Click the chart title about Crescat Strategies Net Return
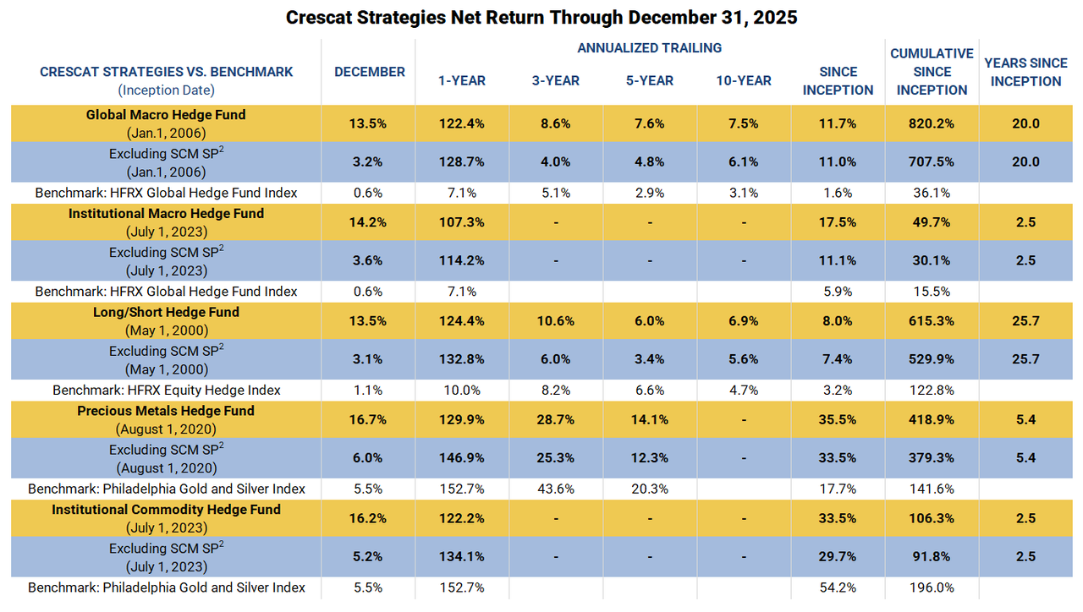pyautogui.click(x=541, y=18)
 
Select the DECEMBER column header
pyautogui.click(x=370, y=72)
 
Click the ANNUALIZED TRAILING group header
pyautogui.click(x=649, y=48)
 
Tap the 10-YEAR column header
pyautogui.click(x=743, y=80)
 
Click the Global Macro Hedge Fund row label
pyautogui.click(x=166, y=115)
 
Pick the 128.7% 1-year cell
pyautogui.click(x=462, y=161)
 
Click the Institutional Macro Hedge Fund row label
pyautogui.click(x=166, y=214)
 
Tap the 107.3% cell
pyautogui.click(x=462, y=222)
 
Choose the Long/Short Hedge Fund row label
pyautogui.click(x=166, y=312)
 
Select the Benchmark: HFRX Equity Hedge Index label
pyautogui.click(x=166, y=390)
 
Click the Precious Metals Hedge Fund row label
pyautogui.click(x=166, y=411)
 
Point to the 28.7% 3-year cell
pyautogui.click(x=556, y=420)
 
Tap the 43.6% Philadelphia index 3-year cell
pyautogui.click(x=556, y=489)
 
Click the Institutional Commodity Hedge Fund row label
pyautogui.click(x=166, y=510)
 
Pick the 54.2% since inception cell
pyautogui.click(x=838, y=587)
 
